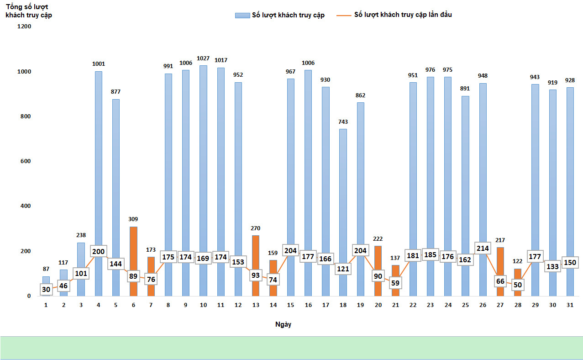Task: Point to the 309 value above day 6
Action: [x=133, y=219]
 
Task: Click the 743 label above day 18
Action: [x=343, y=122]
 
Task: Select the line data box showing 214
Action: [x=483, y=249]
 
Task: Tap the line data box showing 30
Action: [x=46, y=289]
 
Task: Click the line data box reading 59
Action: [x=395, y=282]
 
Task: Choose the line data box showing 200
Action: [x=98, y=251]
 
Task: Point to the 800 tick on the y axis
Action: [x=25, y=116]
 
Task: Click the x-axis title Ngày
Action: [x=283, y=324]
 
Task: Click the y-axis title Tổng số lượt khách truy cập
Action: [x=28, y=11]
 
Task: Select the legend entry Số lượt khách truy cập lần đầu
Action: [x=403, y=15]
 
